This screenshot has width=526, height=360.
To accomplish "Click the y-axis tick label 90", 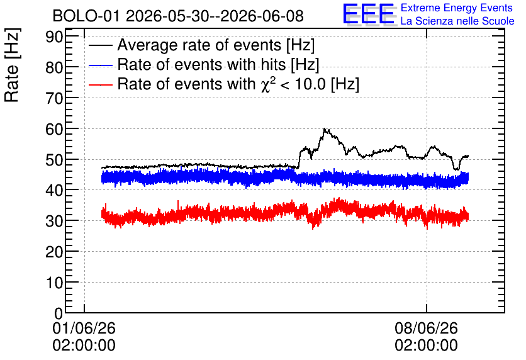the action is tap(54, 37).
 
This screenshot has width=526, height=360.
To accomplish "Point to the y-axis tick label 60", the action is tap(54, 129).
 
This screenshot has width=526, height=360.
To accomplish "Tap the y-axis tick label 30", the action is tap(54, 221).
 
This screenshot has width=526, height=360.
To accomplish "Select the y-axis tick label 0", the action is tap(59, 313).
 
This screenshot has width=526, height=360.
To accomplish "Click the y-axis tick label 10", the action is tap(54, 283).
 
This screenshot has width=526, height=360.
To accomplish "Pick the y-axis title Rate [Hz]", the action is tap(12, 65).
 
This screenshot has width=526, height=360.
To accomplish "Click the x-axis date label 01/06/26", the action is tap(84, 328).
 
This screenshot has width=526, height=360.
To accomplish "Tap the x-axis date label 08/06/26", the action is tap(426, 328).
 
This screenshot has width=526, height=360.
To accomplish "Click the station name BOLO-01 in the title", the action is tap(86, 16).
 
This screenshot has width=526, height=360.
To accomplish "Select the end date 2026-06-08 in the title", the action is tap(262, 16).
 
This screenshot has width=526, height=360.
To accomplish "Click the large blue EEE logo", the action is tap(369, 14).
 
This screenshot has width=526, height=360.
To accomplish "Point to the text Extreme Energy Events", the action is tap(457, 8).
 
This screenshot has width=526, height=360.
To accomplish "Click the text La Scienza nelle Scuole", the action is tap(457, 21).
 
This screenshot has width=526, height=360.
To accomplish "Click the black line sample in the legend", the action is tap(101, 45).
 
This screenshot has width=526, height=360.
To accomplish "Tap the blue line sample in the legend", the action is tap(101, 65).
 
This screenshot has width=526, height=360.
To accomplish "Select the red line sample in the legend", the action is tap(101, 84).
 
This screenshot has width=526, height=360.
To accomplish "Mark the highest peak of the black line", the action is tap(325, 128).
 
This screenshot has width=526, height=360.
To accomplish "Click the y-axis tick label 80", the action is tap(54, 67).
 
